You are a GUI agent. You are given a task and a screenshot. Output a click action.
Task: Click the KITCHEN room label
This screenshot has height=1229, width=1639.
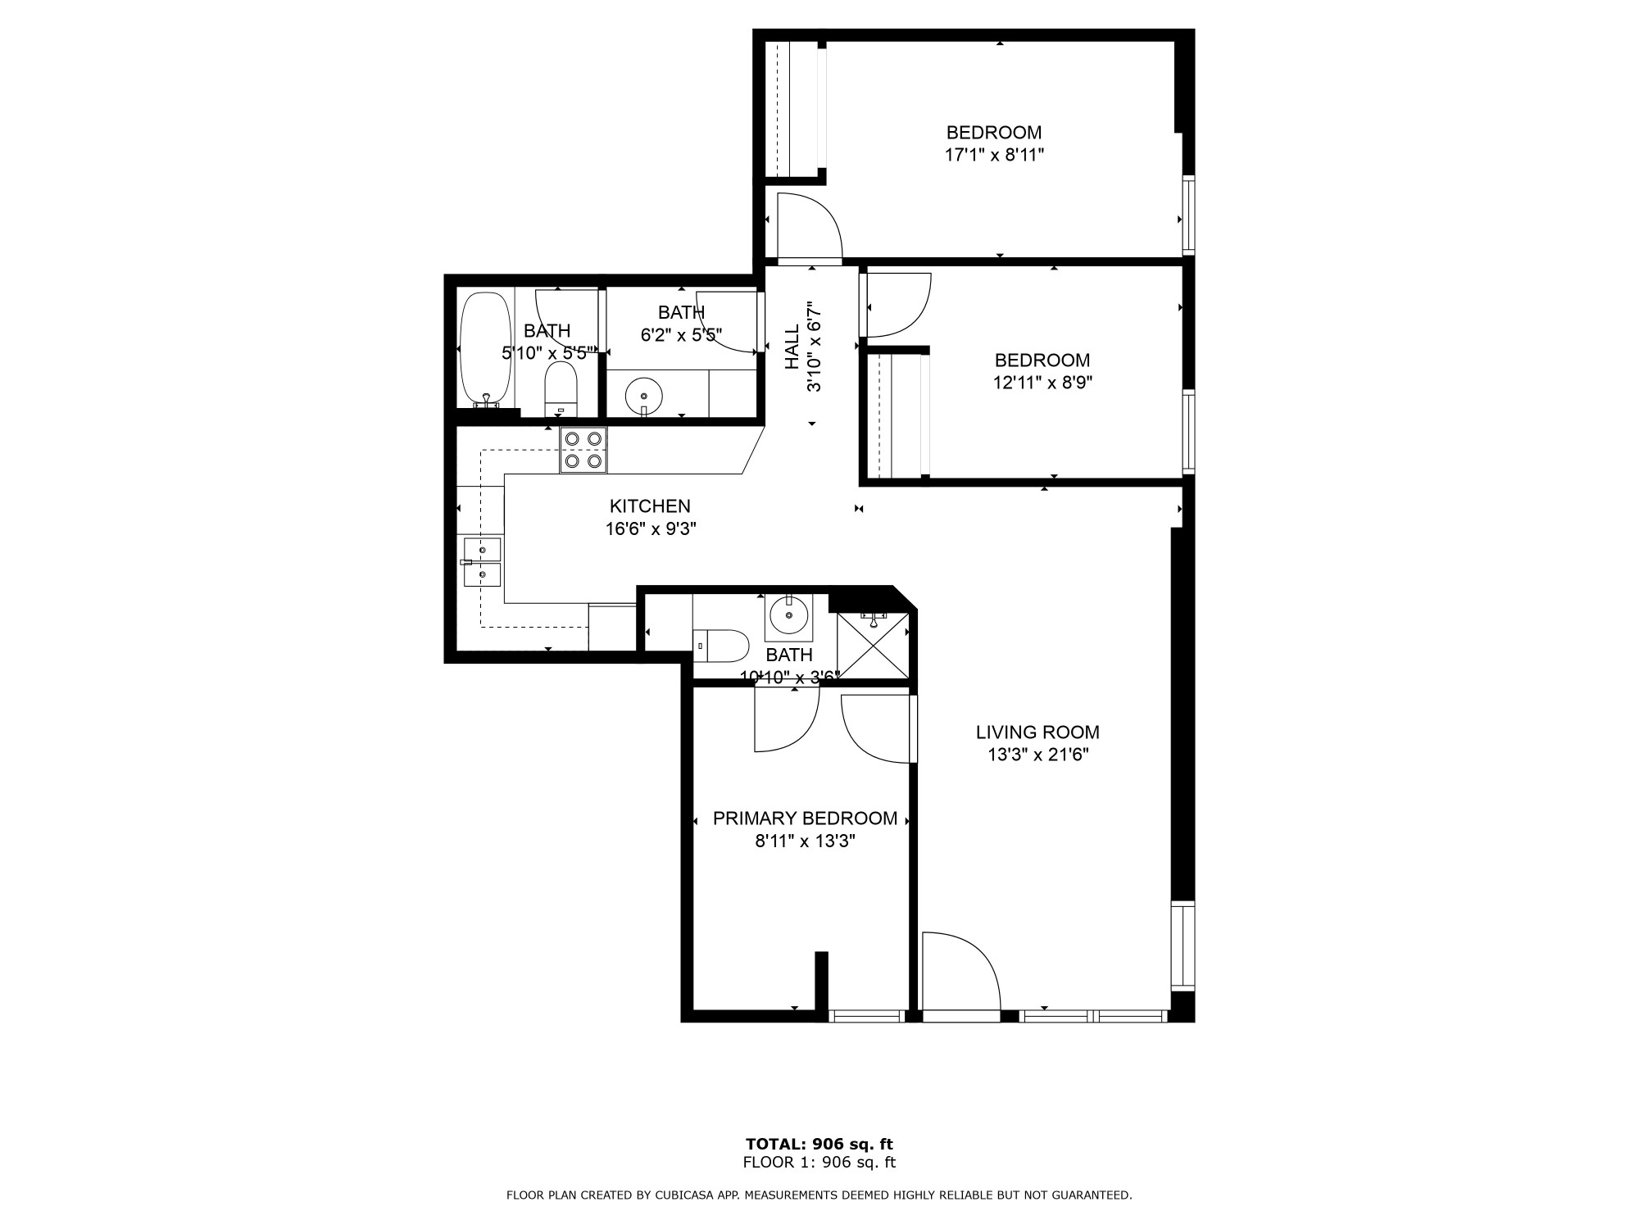pyautogui.click(x=650, y=506)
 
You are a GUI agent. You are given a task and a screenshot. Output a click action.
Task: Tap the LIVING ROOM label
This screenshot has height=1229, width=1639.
pyautogui.click(x=1037, y=732)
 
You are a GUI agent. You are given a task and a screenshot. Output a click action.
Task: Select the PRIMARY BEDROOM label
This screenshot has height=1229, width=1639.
pyautogui.click(x=805, y=819)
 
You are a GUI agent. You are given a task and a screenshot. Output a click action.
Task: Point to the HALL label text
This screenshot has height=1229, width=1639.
pyautogui.click(x=792, y=347)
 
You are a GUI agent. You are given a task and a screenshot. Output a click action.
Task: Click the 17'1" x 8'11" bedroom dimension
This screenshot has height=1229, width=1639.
pyautogui.click(x=994, y=155)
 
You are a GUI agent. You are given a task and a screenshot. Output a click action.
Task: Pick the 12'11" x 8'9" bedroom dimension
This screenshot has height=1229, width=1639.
pyautogui.click(x=1042, y=382)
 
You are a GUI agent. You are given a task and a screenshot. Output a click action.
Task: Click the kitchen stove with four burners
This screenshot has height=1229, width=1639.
pyautogui.click(x=583, y=450)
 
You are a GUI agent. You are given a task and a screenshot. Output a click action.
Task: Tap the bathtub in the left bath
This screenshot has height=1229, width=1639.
pyautogui.click(x=485, y=350)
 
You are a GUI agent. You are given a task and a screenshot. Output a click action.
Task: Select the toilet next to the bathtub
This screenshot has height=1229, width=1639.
pyautogui.click(x=561, y=390)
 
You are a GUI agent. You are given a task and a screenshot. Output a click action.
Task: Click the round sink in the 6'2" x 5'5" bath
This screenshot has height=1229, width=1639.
pyautogui.click(x=643, y=397)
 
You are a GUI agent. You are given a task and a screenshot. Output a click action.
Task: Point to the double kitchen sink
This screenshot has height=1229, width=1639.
pyautogui.click(x=483, y=562)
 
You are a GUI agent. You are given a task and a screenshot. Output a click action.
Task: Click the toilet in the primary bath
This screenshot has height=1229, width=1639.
pyautogui.click(x=721, y=646)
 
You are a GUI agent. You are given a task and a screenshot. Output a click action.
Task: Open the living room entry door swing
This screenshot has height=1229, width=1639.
pyautogui.click(x=961, y=973)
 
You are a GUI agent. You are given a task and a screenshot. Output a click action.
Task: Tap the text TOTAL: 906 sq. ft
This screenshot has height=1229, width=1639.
pyautogui.click(x=819, y=1144)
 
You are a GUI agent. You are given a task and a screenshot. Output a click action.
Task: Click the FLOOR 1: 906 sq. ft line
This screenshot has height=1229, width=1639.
pyautogui.click(x=819, y=1162)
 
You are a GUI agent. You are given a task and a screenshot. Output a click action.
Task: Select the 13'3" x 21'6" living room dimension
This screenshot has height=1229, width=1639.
pyautogui.click(x=1037, y=755)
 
